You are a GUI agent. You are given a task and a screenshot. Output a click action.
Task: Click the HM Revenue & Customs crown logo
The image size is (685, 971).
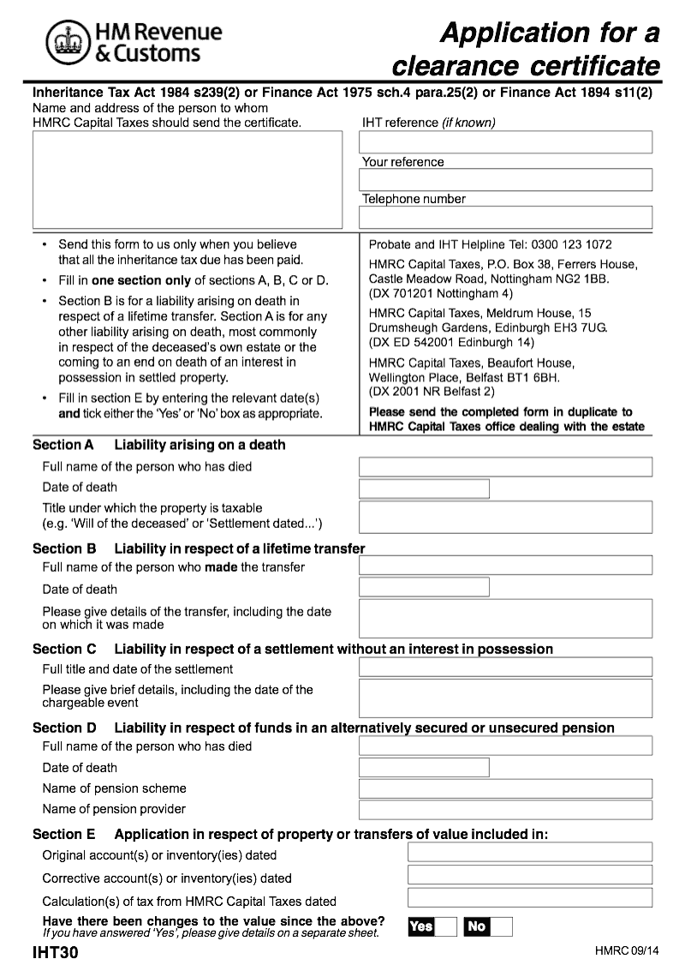[x=65, y=43]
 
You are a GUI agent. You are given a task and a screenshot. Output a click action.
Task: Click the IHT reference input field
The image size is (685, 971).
[x=506, y=142]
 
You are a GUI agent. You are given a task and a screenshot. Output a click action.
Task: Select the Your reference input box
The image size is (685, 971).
[x=506, y=180]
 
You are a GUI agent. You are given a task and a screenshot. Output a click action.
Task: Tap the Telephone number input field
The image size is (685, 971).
[x=506, y=217]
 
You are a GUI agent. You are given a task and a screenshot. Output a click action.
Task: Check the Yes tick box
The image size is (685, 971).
[x=446, y=926]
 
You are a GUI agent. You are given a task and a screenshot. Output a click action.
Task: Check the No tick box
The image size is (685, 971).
[x=501, y=926]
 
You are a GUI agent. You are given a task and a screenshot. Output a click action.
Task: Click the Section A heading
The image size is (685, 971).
[x=158, y=445]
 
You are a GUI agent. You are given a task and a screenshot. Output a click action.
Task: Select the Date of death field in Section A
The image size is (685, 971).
[x=424, y=488]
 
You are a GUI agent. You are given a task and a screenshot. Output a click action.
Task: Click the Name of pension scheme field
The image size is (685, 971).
[x=505, y=788]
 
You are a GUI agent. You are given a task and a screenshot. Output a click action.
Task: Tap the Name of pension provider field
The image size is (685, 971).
[x=505, y=809]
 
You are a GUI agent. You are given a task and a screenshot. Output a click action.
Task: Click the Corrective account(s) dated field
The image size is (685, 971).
[x=529, y=875]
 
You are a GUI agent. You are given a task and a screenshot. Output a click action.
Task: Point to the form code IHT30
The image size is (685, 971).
[x=55, y=952]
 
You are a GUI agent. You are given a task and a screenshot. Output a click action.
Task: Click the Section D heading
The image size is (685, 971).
[x=323, y=728]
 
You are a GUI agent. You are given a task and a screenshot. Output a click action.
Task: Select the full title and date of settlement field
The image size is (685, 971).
[x=505, y=667]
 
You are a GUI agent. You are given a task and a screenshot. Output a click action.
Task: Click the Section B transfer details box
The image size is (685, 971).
[x=505, y=618]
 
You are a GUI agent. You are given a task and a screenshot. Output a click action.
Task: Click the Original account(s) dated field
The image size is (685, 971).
[x=529, y=852]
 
